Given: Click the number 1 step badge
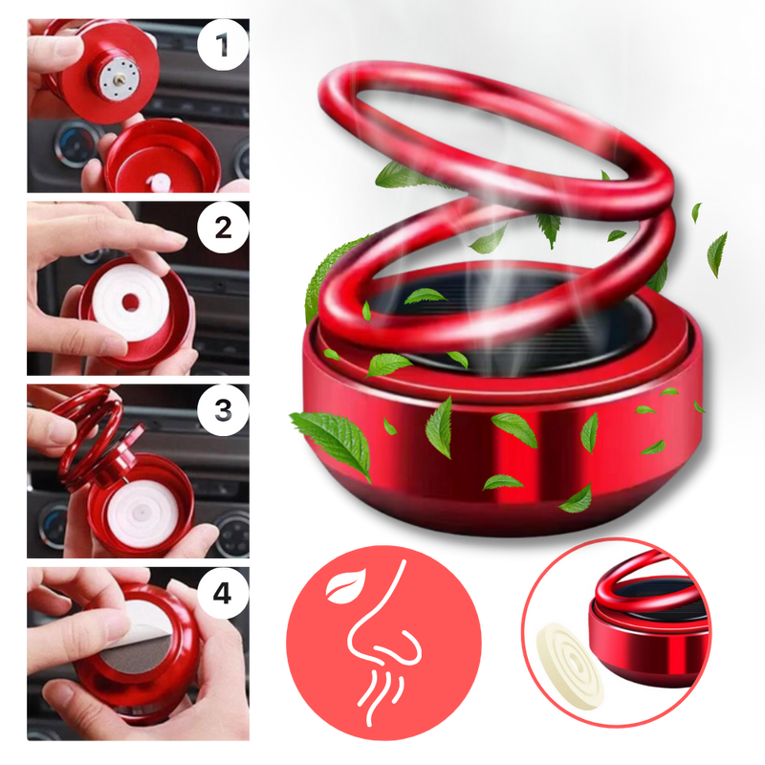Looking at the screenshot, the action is pos(223,45).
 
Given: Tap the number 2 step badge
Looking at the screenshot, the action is pos(223,228).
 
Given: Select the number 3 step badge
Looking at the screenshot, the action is pos(223,410).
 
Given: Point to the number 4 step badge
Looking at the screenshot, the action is pos(223,593).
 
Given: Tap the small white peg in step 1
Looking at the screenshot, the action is pos(160,184).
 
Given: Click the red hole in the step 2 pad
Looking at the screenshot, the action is pos(131,302).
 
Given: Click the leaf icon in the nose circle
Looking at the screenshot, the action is pos(345,584).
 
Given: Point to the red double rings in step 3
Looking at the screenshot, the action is pos(89,434).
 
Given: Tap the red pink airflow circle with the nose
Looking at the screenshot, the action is pos(383,643).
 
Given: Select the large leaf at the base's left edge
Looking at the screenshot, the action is pos(332,443).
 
